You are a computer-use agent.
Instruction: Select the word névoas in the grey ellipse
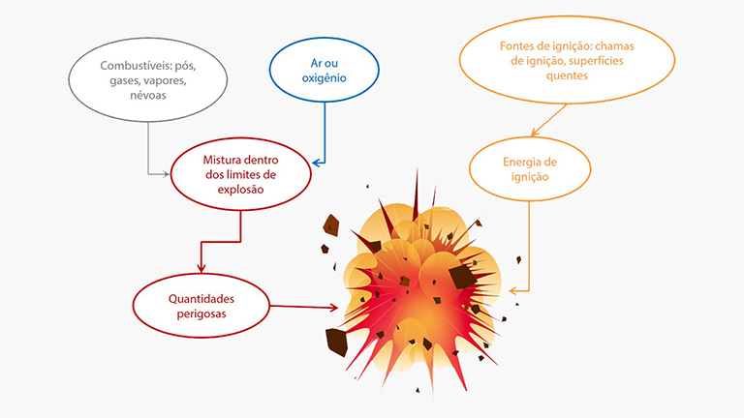(148, 95)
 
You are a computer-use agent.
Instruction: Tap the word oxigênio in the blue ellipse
(325, 78)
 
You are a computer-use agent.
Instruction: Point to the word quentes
(567, 75)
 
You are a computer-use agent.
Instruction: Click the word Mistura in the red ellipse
(222, 160)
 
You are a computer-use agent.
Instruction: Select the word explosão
(240, 190)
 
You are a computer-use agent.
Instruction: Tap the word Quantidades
(201, 299)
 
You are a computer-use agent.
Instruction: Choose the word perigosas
(201, 313)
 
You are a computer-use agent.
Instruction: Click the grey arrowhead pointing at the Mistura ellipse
(165, 174)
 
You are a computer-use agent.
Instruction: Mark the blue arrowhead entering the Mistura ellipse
(317, 163)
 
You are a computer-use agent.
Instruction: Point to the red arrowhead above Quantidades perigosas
(201, 268)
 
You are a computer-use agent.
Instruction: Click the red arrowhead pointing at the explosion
(333, 308)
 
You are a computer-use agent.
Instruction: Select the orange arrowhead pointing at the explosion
(512, 291)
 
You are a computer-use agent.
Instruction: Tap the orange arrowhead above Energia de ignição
(535, 133)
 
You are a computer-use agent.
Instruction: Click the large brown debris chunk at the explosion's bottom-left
(336, 342)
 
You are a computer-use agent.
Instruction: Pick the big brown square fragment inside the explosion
(462, 277)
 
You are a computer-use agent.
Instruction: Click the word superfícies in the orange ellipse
(596, 61)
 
